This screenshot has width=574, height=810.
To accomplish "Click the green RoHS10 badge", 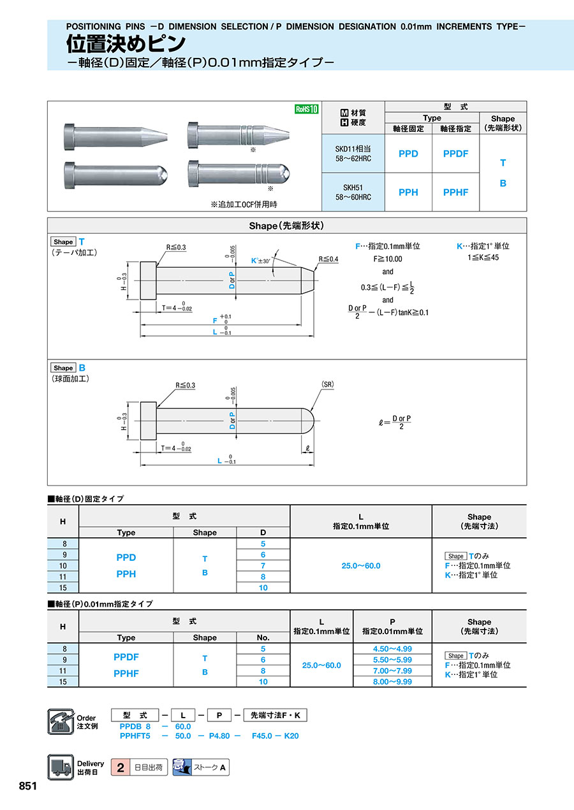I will pos(306,109).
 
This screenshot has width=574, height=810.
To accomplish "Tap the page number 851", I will pos(28,786).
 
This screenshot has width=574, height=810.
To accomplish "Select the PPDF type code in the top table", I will pos(455,154).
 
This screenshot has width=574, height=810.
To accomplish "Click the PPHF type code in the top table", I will pos(455,192).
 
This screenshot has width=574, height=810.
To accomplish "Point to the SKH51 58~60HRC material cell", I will pos(353,192).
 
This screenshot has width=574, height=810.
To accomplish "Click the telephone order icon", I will pos(61,722).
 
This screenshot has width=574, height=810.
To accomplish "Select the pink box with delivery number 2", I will pos(120,767).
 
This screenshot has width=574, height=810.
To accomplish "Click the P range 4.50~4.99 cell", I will pos(392,649).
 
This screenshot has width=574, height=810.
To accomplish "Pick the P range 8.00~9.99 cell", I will pos(392,681).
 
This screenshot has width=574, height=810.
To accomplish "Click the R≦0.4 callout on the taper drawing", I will pos(328,259).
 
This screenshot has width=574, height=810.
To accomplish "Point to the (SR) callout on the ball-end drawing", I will pos(328,385).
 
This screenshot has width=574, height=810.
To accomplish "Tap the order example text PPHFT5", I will pos(135,735).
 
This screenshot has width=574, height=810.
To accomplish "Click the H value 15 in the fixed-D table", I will pos(63,588).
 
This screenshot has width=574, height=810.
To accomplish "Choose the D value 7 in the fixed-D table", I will pos(263,566).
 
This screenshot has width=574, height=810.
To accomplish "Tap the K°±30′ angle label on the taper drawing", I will pos(261,261).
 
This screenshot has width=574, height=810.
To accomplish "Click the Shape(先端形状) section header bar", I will pos(287,226).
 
